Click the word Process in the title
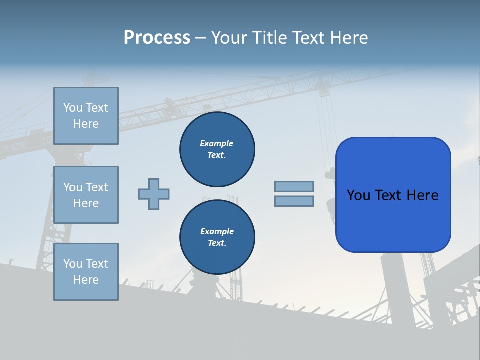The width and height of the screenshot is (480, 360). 157,38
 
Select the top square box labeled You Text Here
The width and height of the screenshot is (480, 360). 86,116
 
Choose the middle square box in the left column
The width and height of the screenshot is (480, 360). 86,195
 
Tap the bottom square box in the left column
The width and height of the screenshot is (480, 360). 86,272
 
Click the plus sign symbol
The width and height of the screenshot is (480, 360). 154,194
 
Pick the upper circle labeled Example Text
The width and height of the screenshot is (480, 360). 217,149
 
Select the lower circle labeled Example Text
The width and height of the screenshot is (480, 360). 217,237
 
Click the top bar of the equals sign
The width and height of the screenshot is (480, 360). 294,186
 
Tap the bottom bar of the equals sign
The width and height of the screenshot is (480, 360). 294,201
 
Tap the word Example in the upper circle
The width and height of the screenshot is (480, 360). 216,143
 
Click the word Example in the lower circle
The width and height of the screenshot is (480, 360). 217,231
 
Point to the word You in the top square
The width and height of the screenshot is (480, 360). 73,108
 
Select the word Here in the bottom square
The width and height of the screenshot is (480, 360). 86,280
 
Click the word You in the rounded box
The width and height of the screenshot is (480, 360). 358,195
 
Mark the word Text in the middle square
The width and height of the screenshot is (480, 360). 97,187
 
